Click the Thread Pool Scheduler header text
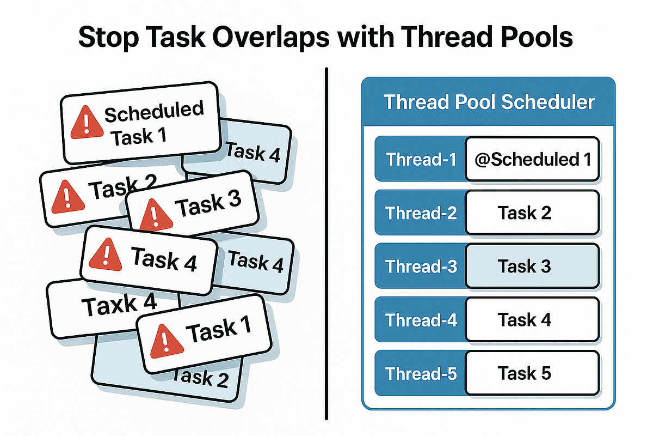pos(489,102)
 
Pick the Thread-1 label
pos(421,160)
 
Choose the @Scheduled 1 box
pos(532,160)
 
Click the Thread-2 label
pos(421,213)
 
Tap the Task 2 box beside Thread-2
pos(532,213)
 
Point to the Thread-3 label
pos(421,267)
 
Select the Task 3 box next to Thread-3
pos(532,267)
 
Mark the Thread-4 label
pos(421,320)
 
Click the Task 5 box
pos(532,373)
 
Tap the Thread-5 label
pos(421,373)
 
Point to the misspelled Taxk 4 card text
pos(119,304)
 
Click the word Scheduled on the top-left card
pos(153,112)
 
